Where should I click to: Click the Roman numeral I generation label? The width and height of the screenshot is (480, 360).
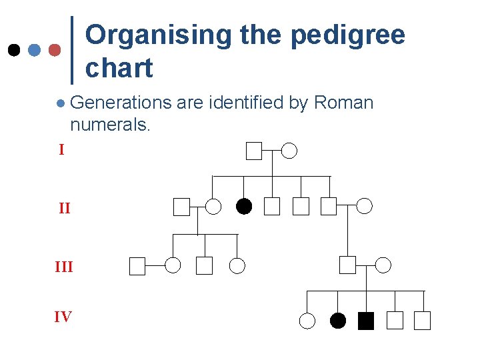pos(61,150)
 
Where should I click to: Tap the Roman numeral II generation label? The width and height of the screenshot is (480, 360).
pos(64,209)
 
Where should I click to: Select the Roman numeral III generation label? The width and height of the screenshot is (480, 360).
pos(64,267)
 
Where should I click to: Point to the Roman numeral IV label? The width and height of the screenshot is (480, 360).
pos(63,317)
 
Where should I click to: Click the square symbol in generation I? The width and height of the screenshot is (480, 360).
pos(254,151)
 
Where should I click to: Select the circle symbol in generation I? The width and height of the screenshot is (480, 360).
pos(289,151)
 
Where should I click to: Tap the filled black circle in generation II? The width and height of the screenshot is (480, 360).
pos(244,207)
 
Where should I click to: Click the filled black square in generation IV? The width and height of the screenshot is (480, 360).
pos(366,321)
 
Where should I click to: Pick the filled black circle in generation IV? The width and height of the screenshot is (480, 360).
pos(338,321)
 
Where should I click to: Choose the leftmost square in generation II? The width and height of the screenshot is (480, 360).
pos(181,207)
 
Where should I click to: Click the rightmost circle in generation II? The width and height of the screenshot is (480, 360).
pos(365,206)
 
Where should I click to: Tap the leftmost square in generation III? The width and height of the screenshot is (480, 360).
pos(137,266)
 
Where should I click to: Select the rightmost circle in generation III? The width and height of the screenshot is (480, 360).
pos(383,265)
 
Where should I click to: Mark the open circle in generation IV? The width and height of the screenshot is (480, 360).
pos(307,321)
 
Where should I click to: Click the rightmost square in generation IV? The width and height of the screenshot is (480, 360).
pos(422,321)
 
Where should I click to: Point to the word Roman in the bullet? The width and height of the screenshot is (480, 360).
pos(343,103)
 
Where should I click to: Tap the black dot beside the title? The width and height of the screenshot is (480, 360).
pos(13,50)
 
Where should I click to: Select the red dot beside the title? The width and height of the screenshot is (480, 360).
pos(55,50)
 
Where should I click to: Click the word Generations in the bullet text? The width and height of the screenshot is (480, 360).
pos(121,103)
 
